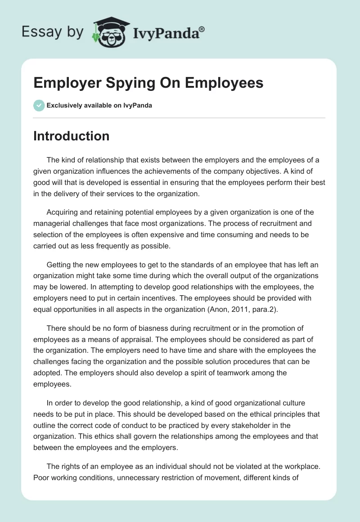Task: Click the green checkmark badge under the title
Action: pyautogui.click(x=39, y=105)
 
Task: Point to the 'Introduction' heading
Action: pyautogui.click(x=71, y=136)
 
